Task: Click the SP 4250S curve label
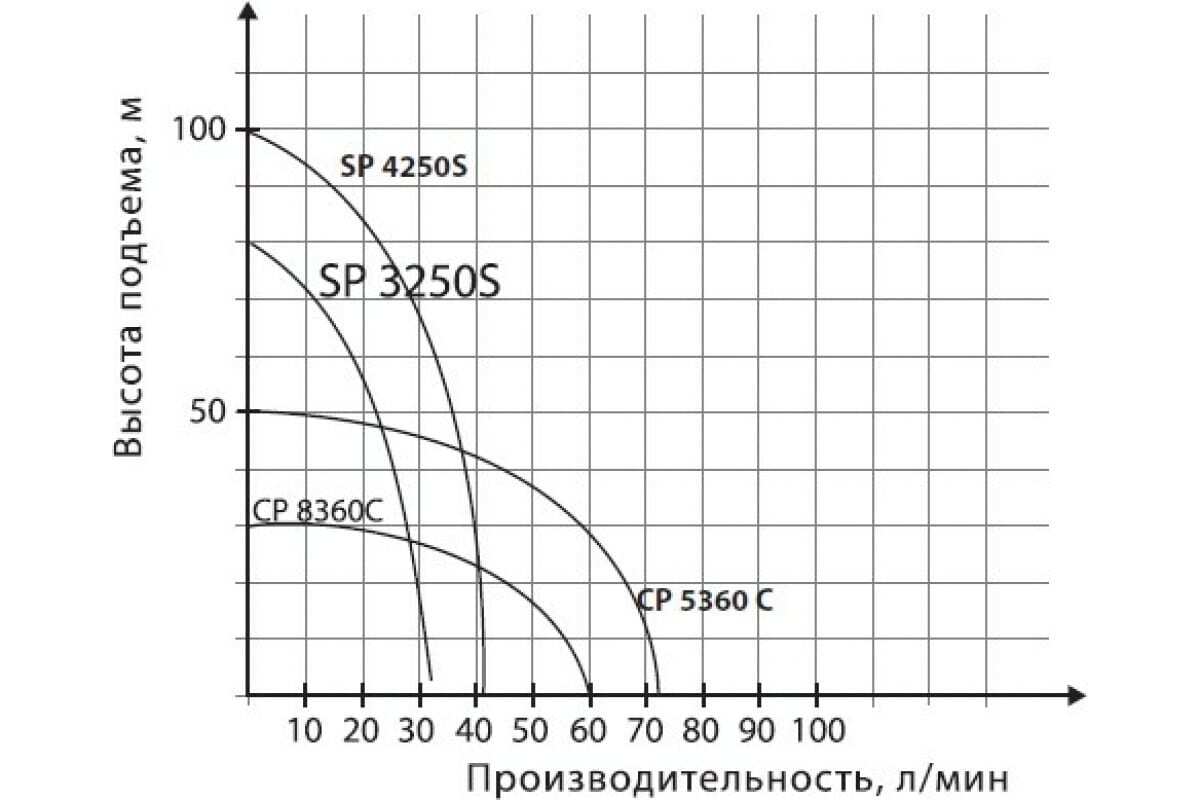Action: point(403,168)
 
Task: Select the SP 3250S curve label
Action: point(410,282)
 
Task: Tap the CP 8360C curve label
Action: point(317,510)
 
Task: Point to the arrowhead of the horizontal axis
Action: point(1077,694)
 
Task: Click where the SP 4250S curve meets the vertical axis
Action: point(248,130)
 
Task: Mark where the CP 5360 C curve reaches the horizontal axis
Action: point(660,693)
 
